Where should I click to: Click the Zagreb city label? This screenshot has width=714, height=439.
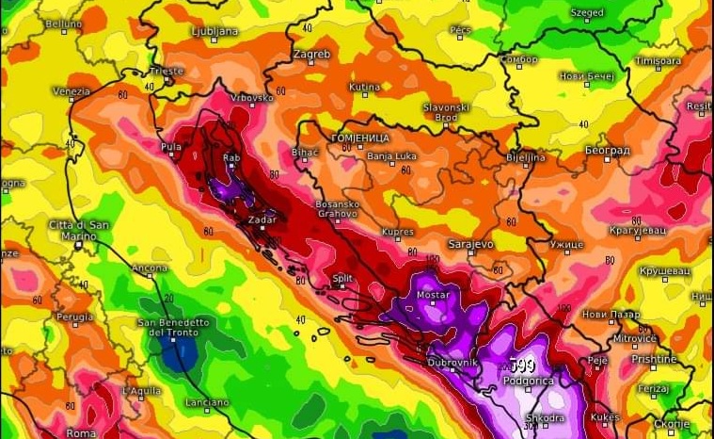click(x=312, y=55)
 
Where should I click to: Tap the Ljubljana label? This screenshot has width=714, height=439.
click(x=214, y=31)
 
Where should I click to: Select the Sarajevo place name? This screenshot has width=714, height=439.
click(x=470, y=244)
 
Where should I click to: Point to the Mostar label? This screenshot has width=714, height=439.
click(x=434, y=295)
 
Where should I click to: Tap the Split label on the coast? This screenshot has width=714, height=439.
click(x=343, y=278)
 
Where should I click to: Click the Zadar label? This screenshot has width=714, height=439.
click(x=262, y=219)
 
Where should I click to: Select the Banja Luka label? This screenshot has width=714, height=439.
click(x=391, y=155)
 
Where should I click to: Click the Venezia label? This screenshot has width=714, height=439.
click(x=71, y=91)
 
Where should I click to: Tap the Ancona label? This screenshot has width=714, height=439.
click(x=150, y=268)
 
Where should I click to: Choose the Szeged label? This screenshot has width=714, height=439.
click(x=587, y=13)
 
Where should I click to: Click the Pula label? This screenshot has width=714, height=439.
click(x=171, y=147)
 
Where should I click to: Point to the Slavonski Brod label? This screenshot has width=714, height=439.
click(x=446, y=112)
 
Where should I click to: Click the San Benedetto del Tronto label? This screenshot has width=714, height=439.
click(x=174, y=327)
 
